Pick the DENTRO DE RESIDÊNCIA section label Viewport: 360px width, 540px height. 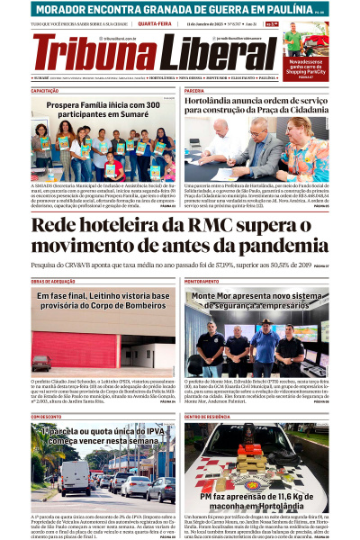pyautogui.click(x=208, y=417)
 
